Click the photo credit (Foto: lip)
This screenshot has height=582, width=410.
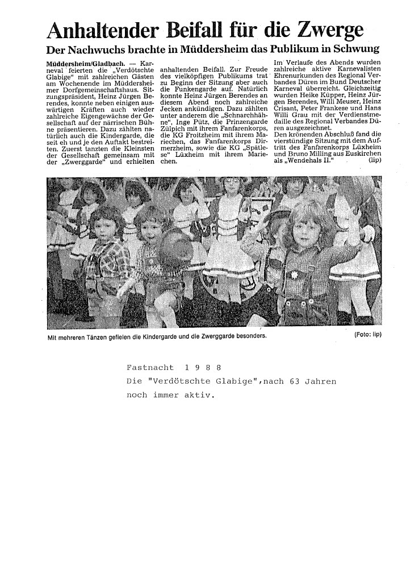[367, 334]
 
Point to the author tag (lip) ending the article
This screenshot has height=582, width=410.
[374, 161]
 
